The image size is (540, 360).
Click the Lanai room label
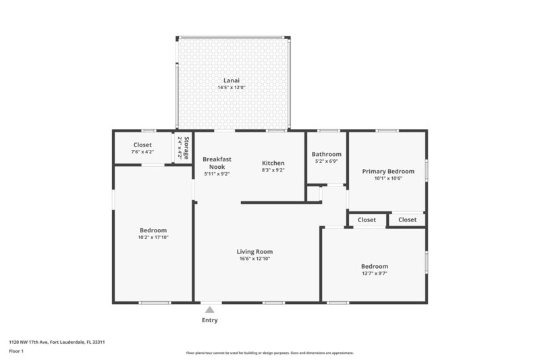tap(232, 80)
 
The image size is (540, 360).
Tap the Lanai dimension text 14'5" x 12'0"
tap(232, 88)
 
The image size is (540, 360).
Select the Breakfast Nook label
tap(217, 163)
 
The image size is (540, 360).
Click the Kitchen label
tap(273, 163)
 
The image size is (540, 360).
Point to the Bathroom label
tap(327, 154)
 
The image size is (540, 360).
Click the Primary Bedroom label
tap(388, 171)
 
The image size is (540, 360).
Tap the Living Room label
tap(254, 251)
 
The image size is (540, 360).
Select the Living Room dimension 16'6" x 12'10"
tap(254, 259)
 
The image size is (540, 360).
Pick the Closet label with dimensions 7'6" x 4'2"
tap(142, 145)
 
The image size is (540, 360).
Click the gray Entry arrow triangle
tap(210, 309)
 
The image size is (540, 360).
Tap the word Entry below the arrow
tap(210, 320)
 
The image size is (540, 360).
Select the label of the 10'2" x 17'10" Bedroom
tap(153, 230)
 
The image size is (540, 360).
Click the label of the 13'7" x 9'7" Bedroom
tap(374, 266)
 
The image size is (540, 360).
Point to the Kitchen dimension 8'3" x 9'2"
tap(273, 170)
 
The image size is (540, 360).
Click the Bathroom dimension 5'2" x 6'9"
tap(327, 161)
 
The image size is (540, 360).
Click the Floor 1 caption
tap(16, 351)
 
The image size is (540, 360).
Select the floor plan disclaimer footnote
tap(270, 353)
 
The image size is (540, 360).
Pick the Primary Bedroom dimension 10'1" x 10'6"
tap(388, 179)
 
